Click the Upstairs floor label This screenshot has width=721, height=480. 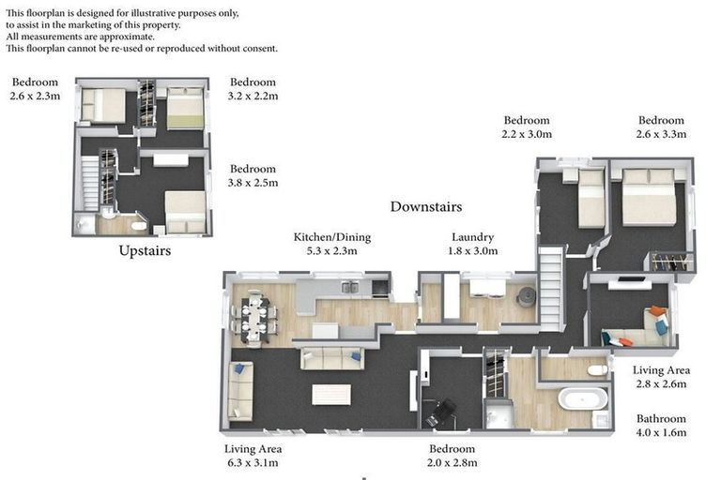click(x=145, y=251)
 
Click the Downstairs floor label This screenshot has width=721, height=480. click(x=426, y=206)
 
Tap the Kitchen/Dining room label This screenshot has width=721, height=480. click(x=332, y=244)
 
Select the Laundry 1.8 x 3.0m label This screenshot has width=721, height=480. click(x=473, y=244)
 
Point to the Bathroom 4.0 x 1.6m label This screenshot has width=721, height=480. click(x=661, y=426)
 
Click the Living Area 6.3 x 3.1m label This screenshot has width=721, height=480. click(x=253, y=456)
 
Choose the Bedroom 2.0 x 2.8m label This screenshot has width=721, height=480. click(x=452, y=456)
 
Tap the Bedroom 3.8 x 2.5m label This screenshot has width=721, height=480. click(x=253, y=175)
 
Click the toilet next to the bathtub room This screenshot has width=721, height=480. click(x=598, y=369)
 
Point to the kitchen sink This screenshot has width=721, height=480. click(x=350, y=288)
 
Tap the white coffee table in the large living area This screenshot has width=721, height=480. click(x=331, y=395)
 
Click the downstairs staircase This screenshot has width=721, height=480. click(x=551, y=289)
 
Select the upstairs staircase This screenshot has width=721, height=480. click(x=90, y=183)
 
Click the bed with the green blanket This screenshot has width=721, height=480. click(x=185, y=109)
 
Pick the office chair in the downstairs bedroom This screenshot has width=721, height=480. click(x=440, y=412)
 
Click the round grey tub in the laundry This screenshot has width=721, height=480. click(x=527, y=296)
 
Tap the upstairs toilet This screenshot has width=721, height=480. click(x=138, y=226)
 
